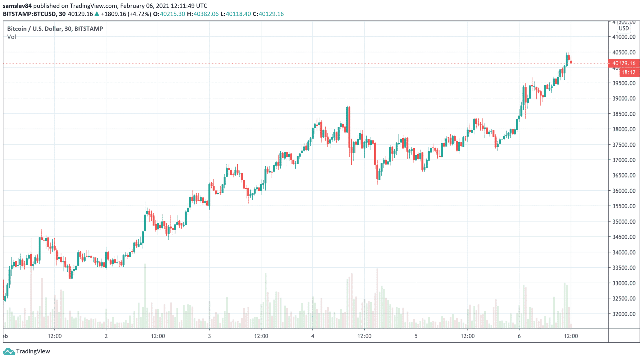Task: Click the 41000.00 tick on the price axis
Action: click(624, 37)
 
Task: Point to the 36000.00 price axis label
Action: click(624, 191)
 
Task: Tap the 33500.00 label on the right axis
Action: click(624, 268)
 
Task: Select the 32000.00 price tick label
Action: click(624, 314)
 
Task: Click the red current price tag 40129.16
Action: click(624, 63)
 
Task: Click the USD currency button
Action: click(624, 28)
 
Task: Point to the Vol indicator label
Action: click(12, 37)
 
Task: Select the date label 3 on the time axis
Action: click(209, 336)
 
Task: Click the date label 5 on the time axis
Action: click(416, 336)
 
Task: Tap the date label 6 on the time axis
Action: click(519, 336)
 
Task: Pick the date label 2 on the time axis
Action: click(106, 336)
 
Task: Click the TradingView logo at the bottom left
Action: click(26, 351)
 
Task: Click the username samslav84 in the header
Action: click(17, 6)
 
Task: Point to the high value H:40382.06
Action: click(203, 14)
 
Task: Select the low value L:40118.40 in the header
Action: click(235, 14)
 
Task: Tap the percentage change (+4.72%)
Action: click(139, 14)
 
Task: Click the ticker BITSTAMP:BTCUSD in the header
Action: click(30, 14)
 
